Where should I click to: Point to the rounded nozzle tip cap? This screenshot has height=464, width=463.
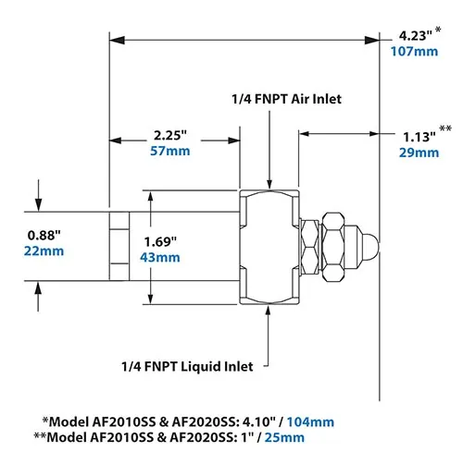click(369, 247)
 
